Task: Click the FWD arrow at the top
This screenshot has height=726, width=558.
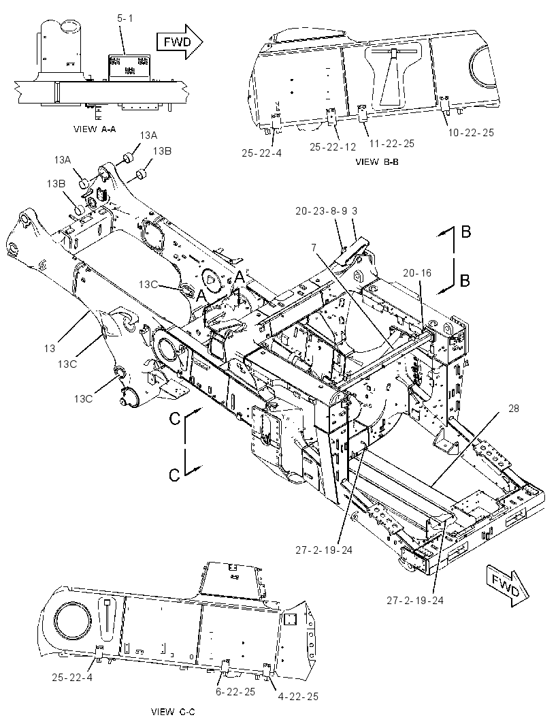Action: click(x=180, y=42)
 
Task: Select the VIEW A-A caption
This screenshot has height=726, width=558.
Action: click(x=95, y=129)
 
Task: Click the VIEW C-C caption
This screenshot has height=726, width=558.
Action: click(x=173, y=711)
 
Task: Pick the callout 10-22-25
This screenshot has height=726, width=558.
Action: click(x=471, y=133)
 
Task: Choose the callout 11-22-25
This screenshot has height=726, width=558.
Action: click(x=392, y=144)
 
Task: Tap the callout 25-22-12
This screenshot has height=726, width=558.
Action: click(x=333, y=147)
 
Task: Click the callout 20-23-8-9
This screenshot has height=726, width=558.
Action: click(x=322, y=211)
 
